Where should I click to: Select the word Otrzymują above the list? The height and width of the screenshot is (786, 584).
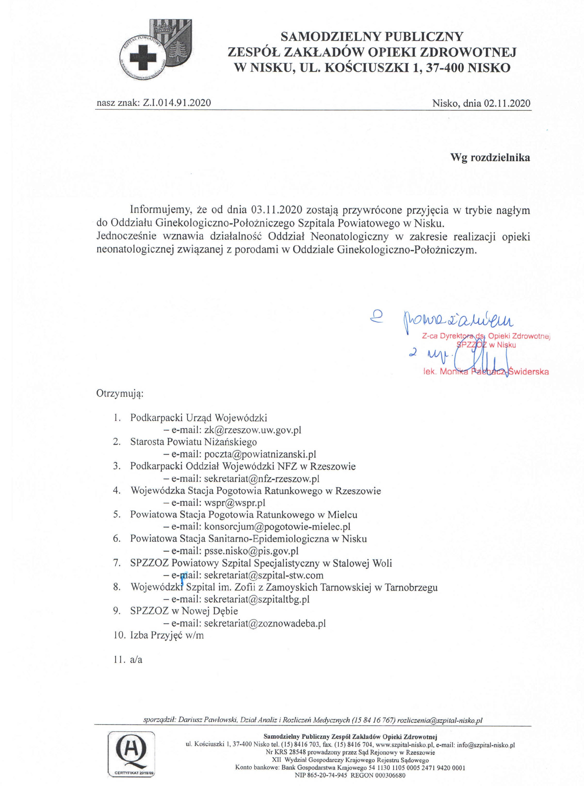tap(120, 394)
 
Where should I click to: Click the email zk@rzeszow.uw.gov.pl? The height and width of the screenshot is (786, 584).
tap(252, 430)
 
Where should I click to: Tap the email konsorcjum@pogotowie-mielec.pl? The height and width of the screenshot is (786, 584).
tap(277, 526)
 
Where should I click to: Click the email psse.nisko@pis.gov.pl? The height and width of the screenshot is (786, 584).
tap(251, 550)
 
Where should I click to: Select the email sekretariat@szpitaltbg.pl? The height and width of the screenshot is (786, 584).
tap(257, 599)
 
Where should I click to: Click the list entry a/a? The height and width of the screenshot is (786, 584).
tap(136, 659)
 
